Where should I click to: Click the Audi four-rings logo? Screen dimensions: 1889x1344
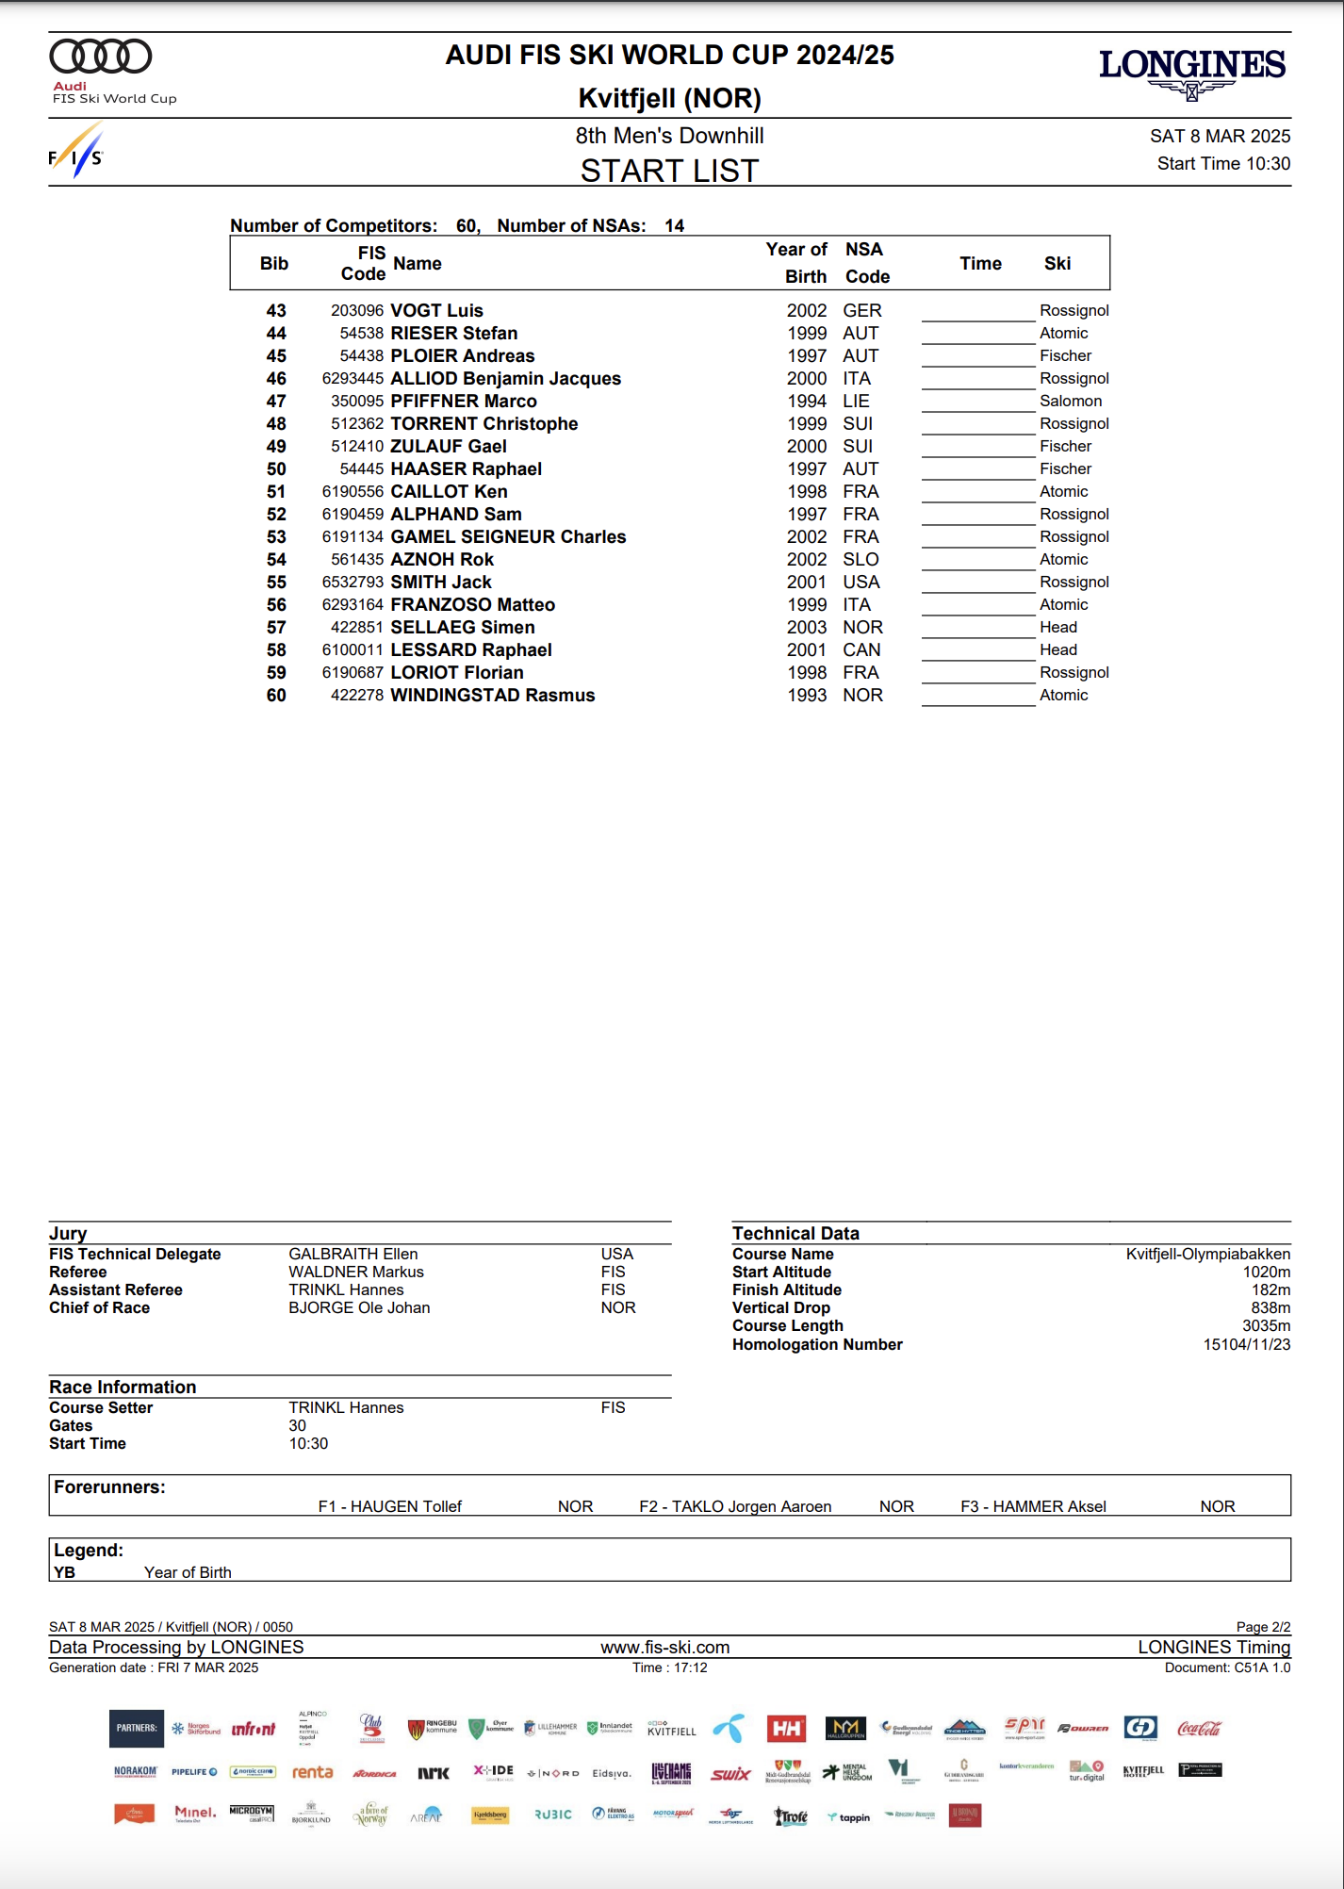tap(100, 57)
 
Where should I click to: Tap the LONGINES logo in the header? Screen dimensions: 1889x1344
tap(1191, 66)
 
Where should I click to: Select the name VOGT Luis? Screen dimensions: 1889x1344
tap(436, 310)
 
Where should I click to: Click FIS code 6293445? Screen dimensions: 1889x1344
tap(352, 378)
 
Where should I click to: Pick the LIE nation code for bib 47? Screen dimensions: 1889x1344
tap(856, 401)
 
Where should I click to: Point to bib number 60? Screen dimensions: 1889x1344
tap(276, 695)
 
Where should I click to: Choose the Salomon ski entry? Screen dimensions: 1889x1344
tap(1071, 401)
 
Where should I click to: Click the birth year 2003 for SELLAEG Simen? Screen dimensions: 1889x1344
tap(807, 627)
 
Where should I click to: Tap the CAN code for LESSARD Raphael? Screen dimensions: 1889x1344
tap(861, 649)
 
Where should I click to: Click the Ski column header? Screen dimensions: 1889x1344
tap(1057, 263)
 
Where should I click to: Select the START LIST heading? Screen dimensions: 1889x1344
tap(669, 171)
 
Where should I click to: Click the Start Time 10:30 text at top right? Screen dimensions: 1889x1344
tap(1223, 163)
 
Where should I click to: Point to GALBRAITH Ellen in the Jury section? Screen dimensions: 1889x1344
tap(353, 1254)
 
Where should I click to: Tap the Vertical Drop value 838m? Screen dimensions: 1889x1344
tap(1270, 1307)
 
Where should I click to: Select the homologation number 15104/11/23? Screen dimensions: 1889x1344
tap(1246, 1344)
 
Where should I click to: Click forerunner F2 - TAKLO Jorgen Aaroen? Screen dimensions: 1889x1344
tap(735, 1506)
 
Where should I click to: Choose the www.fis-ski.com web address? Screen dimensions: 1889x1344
tap(665, 1647)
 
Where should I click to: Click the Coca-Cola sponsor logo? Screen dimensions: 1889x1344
tap(1199, 1728)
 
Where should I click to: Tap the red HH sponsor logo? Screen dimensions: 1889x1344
tap(786, 1728)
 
